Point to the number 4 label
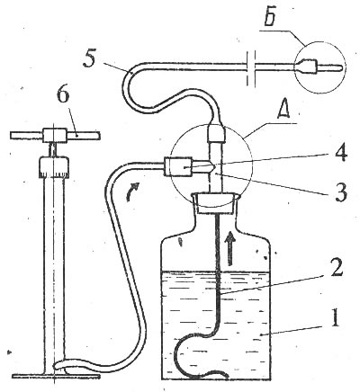click(x=337, y=155)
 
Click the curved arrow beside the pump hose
click(x=132, y=192)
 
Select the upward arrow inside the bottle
click(x=230, y=247)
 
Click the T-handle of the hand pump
click(x=55, y=136)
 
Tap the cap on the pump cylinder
click(x=54, y=167)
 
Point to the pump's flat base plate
click(x=56, y=376)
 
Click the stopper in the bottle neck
click(x=215, y=204)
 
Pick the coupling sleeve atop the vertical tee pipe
click(x=216, y=133)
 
